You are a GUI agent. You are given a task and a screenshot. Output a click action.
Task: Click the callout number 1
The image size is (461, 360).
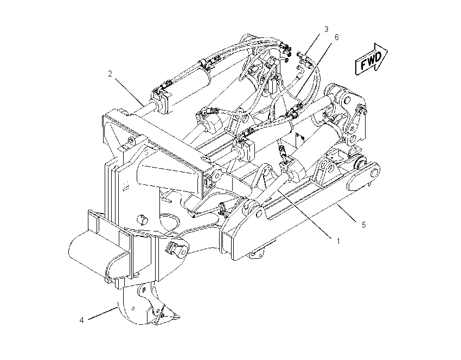pos(338,241)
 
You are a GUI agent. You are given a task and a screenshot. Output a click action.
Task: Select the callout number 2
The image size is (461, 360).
pos(110,74)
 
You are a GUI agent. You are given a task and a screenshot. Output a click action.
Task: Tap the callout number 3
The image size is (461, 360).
pos(326,29)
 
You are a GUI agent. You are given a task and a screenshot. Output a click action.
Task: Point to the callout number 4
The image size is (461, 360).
pos(81,320)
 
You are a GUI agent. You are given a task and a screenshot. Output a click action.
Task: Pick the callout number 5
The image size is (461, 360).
pos(364,225)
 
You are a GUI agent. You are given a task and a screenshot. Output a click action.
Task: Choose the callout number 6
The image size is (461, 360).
pos(336,37)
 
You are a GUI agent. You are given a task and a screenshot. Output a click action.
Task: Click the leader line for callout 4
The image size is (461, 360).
pos(103,313)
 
